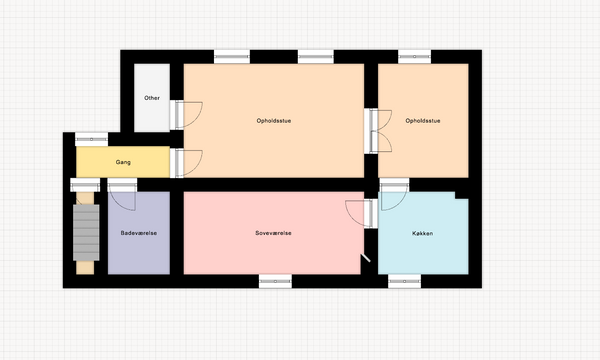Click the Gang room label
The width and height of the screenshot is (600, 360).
123,162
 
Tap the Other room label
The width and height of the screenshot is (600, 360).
152,98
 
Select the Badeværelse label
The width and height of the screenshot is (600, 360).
139,233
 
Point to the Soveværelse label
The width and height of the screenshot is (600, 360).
273,233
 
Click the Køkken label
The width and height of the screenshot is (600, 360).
422,233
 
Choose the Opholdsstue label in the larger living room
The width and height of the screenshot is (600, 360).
274,121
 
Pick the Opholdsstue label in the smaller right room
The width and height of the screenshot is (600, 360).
422,121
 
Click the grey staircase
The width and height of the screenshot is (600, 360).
86,233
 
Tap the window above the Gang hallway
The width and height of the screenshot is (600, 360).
91,139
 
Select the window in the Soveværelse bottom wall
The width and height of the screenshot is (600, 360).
275,281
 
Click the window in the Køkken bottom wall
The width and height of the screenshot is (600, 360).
404,281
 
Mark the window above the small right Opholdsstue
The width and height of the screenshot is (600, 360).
414,57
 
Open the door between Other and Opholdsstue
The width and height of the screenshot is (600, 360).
186,115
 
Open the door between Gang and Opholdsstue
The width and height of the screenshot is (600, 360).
186,163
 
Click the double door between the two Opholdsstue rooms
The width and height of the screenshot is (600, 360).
378,131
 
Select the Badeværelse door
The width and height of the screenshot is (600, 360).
122,194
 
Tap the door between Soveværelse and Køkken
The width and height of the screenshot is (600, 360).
362,213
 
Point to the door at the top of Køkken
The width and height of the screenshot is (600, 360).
394,194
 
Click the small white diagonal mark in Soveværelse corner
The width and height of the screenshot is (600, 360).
366,257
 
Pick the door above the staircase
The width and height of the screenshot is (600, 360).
85,185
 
